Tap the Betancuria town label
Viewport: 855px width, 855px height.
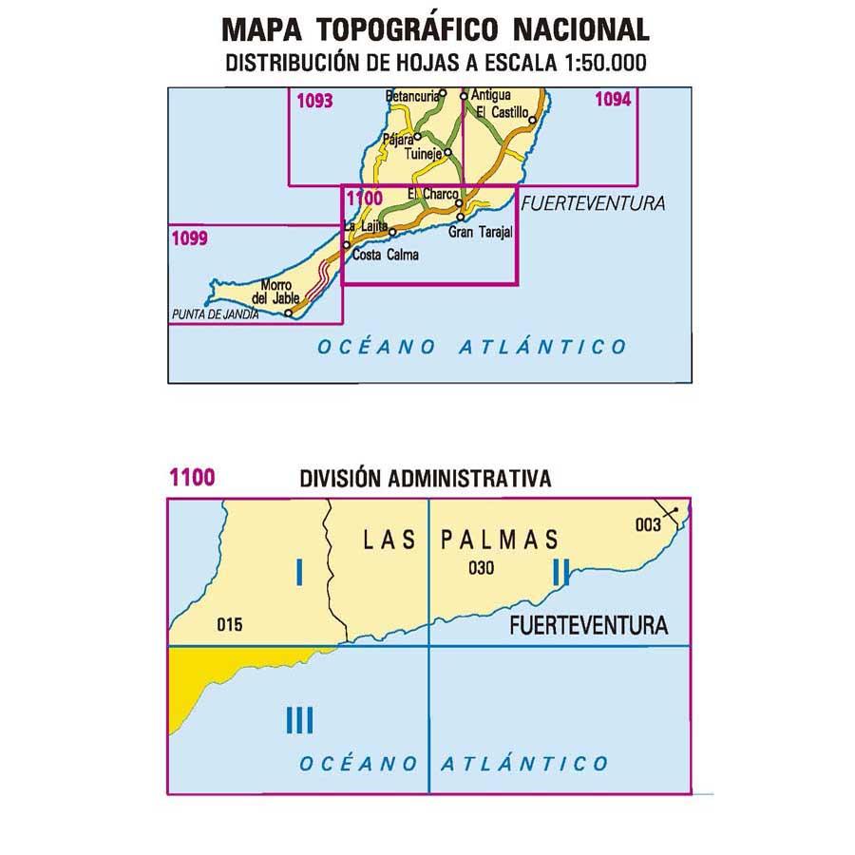tap(412, 96)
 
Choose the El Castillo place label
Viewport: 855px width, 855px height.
tap(502, 112)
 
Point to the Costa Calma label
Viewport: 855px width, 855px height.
tap(385, 255)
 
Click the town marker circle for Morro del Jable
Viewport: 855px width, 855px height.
tap(289, 302)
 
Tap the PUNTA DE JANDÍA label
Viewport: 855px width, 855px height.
tap(215, 313)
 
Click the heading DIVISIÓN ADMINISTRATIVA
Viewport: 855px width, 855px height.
tap(425, 479)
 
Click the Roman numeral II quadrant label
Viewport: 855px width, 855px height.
tap(560, 571)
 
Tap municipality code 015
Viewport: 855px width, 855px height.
tap(230, 624)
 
